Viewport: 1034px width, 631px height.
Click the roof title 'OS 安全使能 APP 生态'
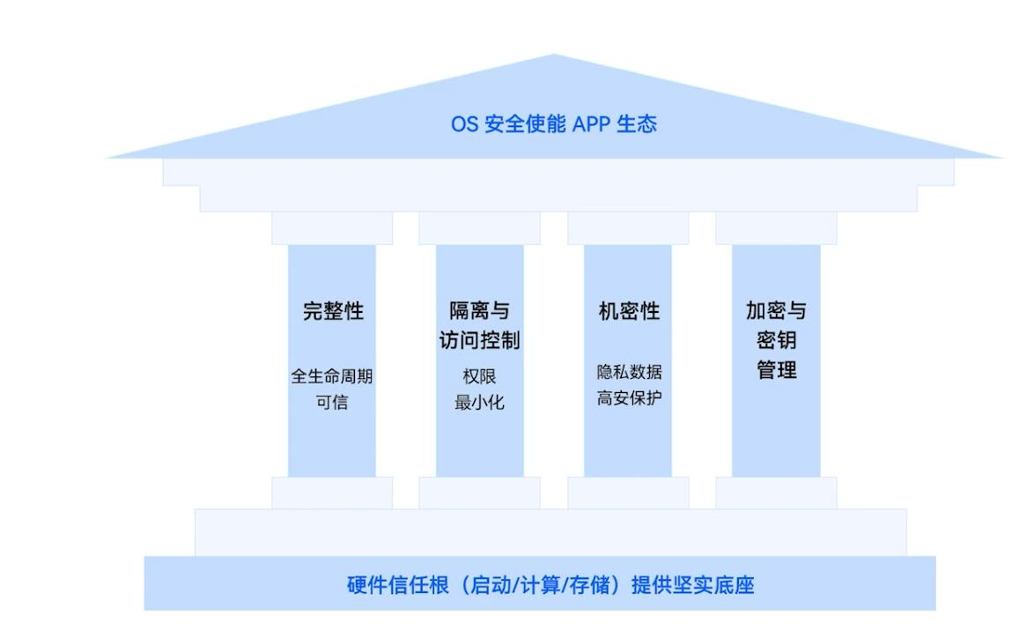click(554, 123)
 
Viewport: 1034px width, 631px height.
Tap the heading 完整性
click(333, 311)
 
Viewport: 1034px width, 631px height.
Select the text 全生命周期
click(332, 376)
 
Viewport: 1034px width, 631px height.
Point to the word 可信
click(332, 403)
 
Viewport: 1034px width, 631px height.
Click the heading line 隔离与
click(479, 311)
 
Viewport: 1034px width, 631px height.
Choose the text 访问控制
click(479, 340)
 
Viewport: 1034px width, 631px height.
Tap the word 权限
click(479, 376)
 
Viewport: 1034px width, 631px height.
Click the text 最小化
click(479, 403)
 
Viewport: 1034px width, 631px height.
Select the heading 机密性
click(629, 311)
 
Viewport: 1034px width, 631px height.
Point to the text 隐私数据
click(629, 372)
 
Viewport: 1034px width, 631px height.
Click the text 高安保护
click(629, 398)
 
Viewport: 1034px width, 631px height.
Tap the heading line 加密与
click(776, 310)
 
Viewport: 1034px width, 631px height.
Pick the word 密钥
click(776, 340)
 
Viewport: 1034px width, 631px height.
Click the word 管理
click(776, 370)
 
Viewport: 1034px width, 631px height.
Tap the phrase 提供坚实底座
click(693, 585)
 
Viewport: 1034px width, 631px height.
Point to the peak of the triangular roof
click(553, 56)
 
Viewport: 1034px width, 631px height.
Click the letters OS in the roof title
click(464, 124)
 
